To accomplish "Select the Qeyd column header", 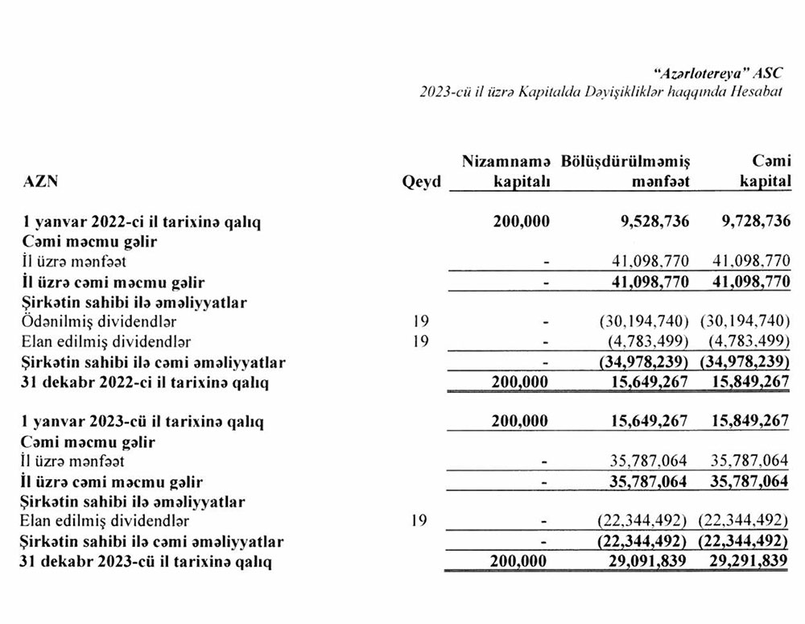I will point(421,182).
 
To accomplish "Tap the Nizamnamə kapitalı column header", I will point(506,171).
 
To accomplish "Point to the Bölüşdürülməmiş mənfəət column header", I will point(625,171).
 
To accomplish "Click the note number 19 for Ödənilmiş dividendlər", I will point(418,322).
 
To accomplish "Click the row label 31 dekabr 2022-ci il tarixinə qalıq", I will point(145,382).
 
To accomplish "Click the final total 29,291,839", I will point(749,561).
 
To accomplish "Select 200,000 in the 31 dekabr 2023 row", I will point(520,561).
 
